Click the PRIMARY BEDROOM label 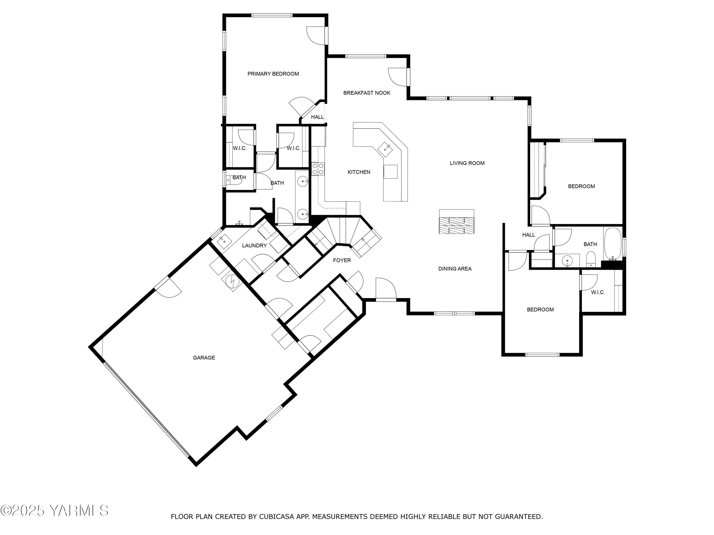coord(273,74)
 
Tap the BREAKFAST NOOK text coord(367,93)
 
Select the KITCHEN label coord(359,172)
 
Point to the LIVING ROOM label coord(467,163)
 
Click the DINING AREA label coord(455,269)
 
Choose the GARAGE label coord(204,358)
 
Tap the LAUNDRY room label coord(254,246)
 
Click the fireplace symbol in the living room coord(456,222)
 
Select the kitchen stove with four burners coord(318,169)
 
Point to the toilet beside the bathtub coord(591,260)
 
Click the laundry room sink coord(223,240)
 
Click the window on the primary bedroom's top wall coord(272,15)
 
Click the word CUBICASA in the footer coord(276,517)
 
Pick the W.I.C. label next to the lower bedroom coord(598,292)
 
